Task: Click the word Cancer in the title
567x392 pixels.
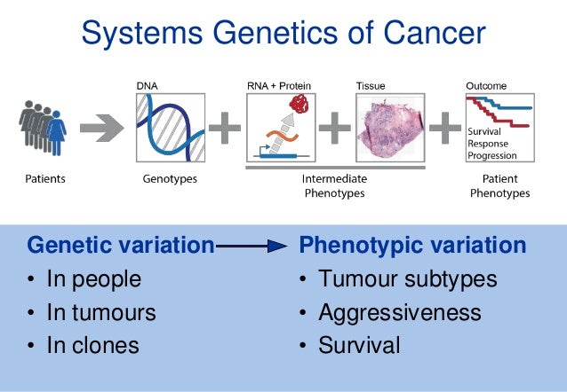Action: pos(430,34)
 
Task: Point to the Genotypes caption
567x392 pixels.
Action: pos(170,179)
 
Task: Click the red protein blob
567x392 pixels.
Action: pos(301,106)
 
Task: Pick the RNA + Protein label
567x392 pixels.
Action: pos(279,85)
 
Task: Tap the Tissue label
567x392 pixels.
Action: pos(371,85)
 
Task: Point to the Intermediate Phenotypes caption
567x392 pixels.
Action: pos(334,185)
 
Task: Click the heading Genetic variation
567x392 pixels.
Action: pos(121,245)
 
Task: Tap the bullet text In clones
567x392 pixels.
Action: pos(93,345)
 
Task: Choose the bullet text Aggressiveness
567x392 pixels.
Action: pos(400,312)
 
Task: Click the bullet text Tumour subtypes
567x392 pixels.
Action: pos(407,279)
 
